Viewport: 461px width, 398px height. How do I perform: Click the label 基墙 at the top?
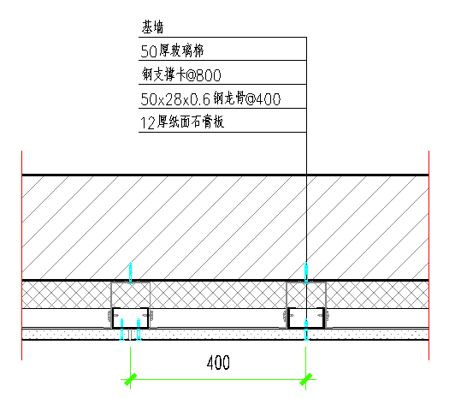[x=152, y=27]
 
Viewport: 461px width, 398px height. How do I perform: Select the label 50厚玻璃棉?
[x=172, y=50]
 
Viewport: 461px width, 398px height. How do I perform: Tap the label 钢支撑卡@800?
[x=181, y=74]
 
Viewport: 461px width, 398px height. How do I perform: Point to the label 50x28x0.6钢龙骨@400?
[x=210, y=98]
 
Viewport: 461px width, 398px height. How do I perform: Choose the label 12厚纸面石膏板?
[x=182, y=122]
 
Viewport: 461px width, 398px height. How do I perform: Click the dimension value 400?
[x=218, y=363]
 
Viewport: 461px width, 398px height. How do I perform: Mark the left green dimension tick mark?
[x=130, y=379]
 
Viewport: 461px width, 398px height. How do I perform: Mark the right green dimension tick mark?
[x=306, y=379]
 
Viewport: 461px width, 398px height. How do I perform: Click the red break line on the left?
[x=21, y=255]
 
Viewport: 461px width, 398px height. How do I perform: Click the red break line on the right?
[x=429, y=255]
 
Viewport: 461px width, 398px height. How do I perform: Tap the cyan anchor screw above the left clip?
[x=131, y=273]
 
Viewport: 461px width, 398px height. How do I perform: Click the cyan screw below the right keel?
[x=306, y=330]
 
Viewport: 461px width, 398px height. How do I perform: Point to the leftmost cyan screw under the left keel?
[x=122, y=330]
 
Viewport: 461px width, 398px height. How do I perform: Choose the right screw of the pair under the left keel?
[x=139, y=330]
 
